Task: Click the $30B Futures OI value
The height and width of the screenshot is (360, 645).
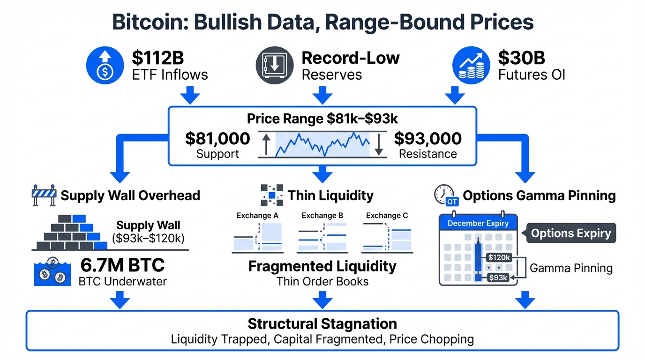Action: point(521,58)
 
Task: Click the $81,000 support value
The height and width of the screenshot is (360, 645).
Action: point(217,138)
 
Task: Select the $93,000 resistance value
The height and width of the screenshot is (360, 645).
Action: point(427,138)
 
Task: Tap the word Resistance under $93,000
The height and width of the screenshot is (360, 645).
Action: point(427,154)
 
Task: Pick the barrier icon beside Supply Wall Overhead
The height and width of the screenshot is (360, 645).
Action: point(43,195)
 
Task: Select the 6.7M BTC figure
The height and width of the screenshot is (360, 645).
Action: point(123,265)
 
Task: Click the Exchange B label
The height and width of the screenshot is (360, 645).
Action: point(322,216)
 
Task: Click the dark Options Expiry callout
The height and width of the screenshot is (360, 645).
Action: point(571,233)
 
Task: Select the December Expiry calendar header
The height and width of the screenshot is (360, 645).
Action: point(478,223)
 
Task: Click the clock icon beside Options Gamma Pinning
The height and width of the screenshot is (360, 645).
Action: point(443,194)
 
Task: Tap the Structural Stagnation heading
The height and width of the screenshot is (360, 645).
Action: point(322,323)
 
